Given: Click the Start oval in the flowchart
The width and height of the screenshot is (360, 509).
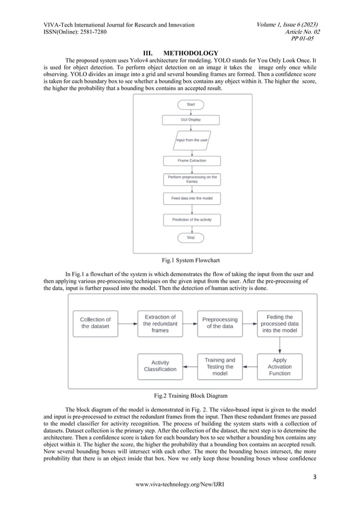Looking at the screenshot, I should click(x=191, y=105).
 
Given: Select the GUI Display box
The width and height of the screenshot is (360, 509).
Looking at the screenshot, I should click(x=191, y=120).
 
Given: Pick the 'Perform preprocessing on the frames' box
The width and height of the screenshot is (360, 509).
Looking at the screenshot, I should click(x=192, y=179).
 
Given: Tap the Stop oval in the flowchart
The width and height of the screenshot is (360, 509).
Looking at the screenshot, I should click(x=191, y=238).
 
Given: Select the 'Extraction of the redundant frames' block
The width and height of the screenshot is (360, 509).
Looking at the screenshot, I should click(x=160, y=323).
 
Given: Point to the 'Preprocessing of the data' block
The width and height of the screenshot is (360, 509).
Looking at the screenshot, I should click(x=220, y=323).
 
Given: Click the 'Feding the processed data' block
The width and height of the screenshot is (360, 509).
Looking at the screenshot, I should click(x=280, y=323).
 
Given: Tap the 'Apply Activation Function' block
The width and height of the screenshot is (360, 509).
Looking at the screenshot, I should click(x=280, y=366).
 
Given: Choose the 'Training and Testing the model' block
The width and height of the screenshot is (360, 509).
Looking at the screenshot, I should click(x=220, y=366).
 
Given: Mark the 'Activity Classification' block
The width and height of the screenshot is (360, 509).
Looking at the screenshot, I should click(x=160, y=366).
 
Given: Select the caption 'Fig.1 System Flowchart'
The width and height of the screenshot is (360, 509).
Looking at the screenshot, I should click(x=190, y=261).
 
